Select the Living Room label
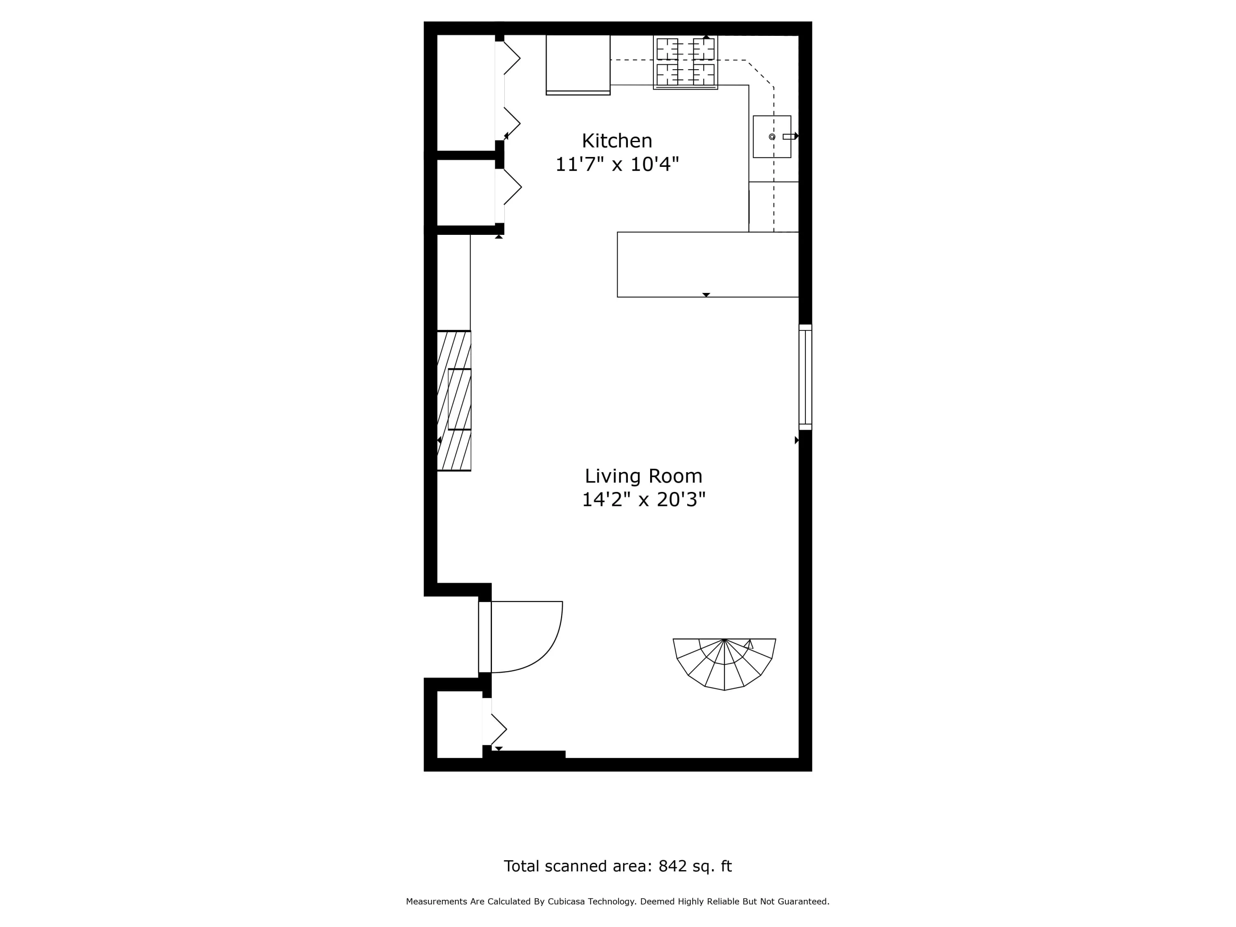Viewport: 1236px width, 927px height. [x=644, y=476]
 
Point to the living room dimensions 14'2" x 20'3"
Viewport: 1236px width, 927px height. [x=644, y=499]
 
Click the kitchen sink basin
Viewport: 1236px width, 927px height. [x=772, y=137]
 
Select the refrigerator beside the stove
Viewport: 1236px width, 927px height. [x=578, y=65]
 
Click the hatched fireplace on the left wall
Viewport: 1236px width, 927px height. [x=454, y=400]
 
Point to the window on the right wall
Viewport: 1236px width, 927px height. [x=805, y=377]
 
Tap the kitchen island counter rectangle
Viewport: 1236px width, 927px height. [x=707, y=265]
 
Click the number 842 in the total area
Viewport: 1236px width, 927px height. [x=673, y=866]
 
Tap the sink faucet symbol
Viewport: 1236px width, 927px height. [x=789, y=137]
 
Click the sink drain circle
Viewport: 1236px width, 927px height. [x=772, y=137]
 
